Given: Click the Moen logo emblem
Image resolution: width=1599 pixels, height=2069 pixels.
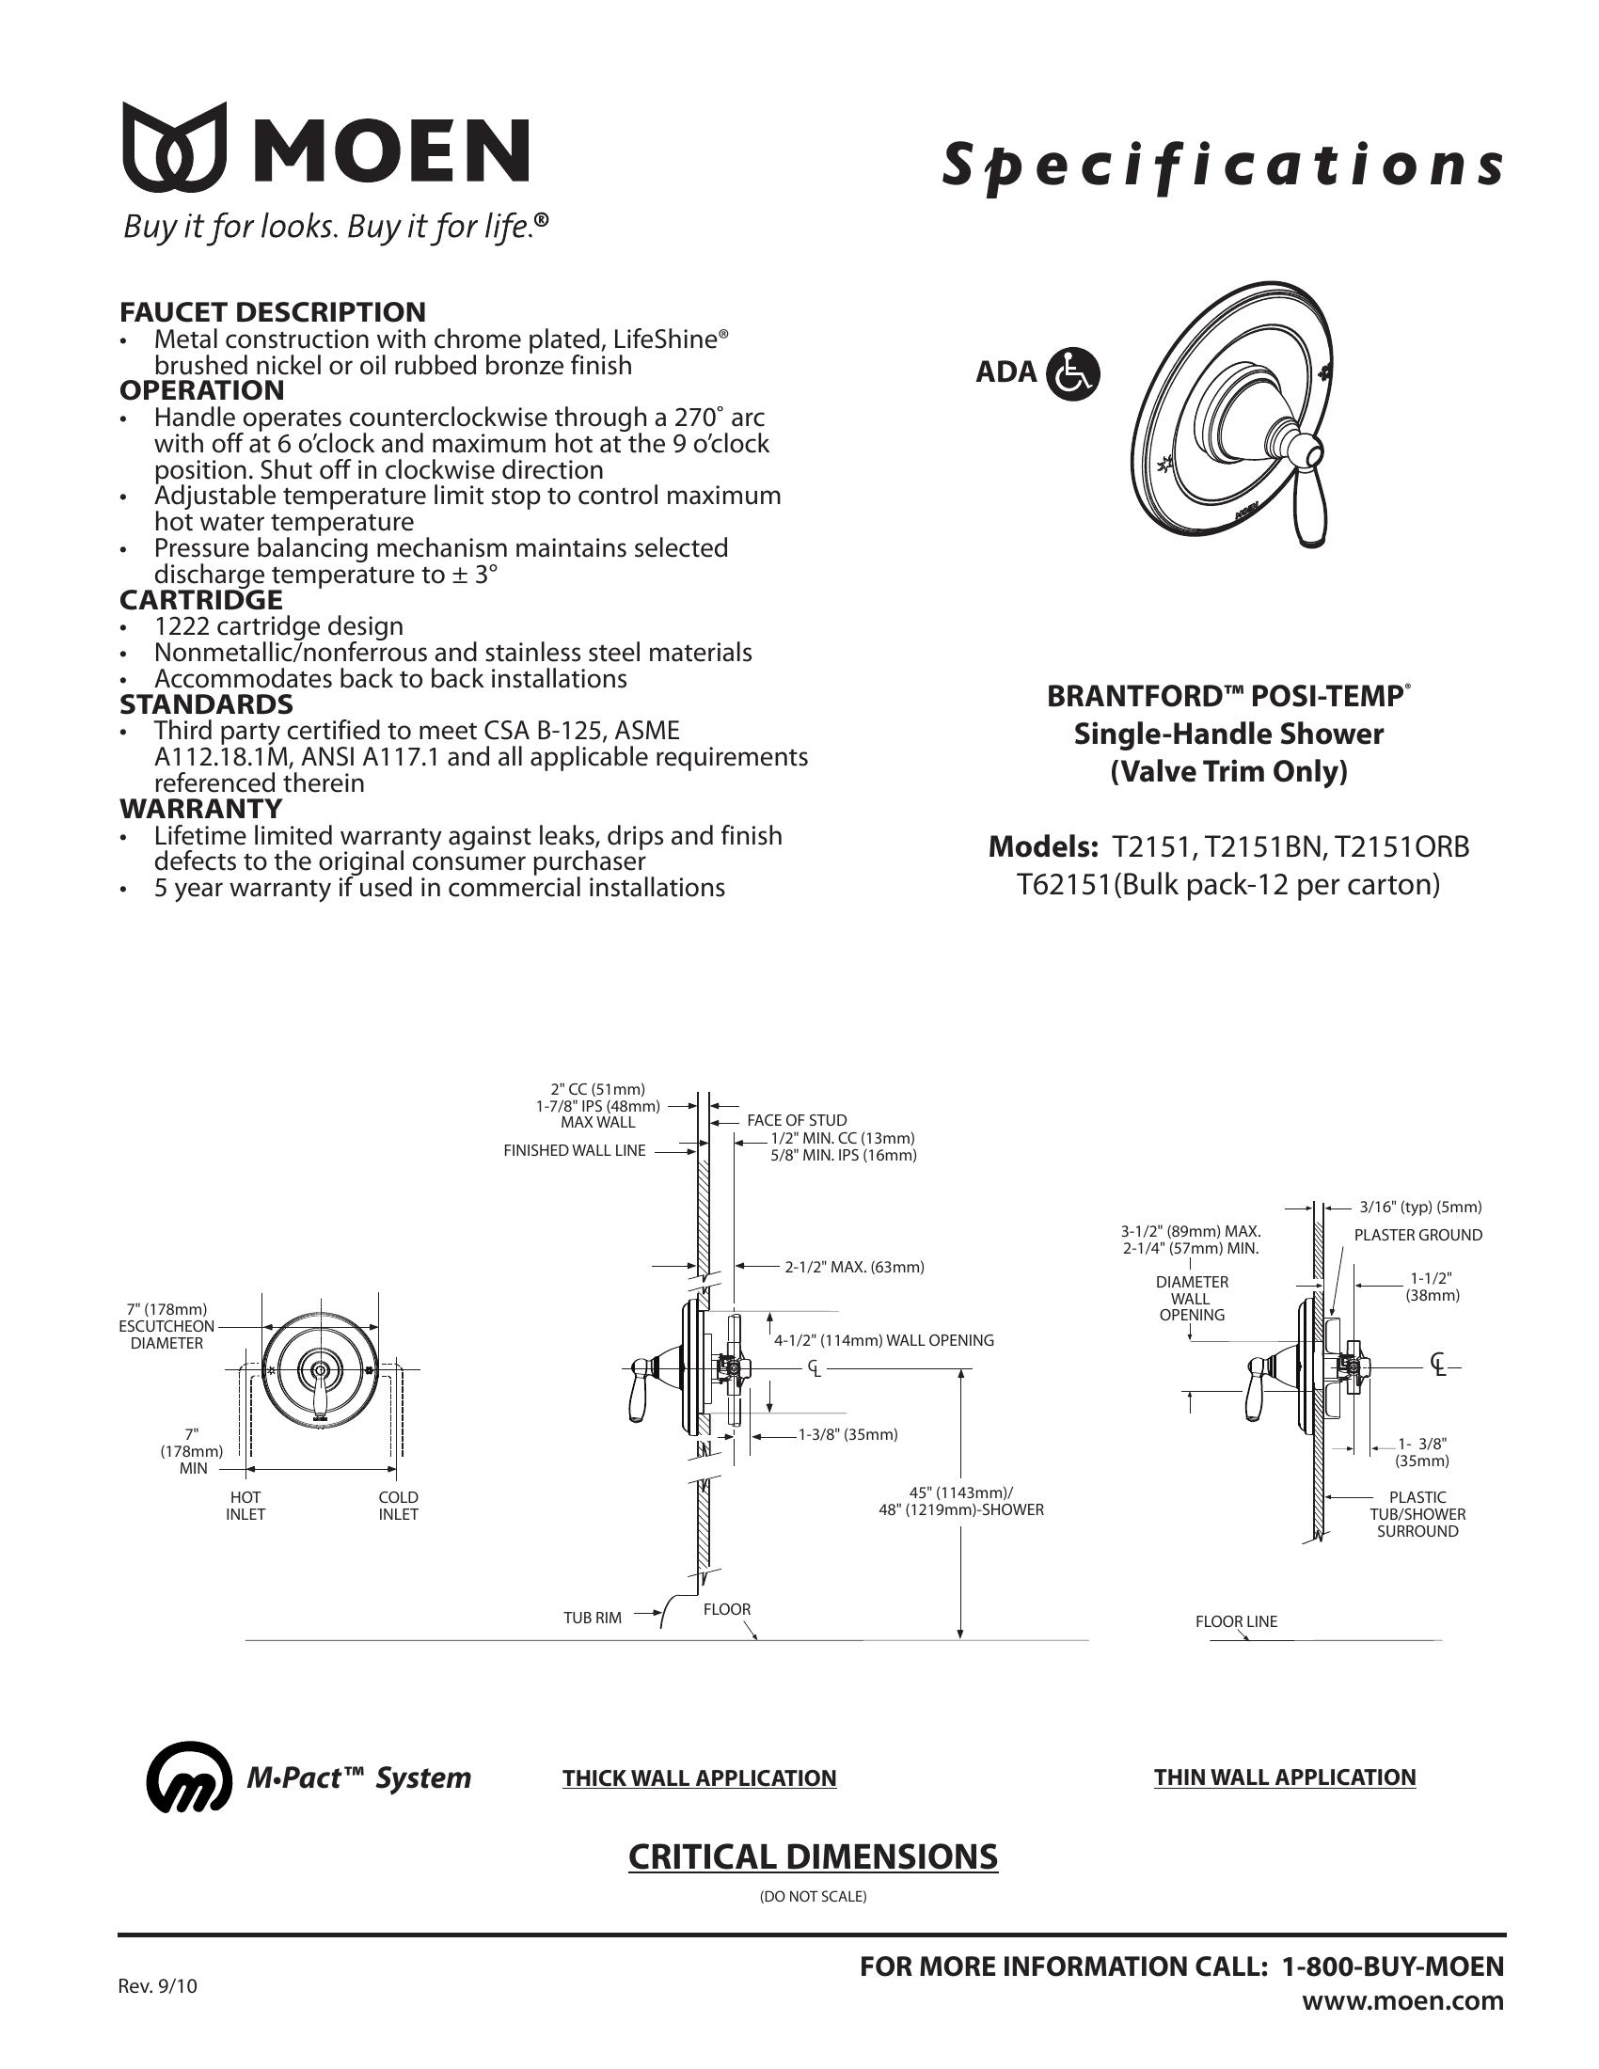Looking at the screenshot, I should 174,147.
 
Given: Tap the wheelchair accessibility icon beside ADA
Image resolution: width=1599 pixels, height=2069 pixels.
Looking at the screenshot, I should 1072,373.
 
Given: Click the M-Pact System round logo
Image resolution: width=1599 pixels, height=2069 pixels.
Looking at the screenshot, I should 188,1777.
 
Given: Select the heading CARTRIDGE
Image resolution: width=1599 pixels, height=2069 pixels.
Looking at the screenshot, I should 201,600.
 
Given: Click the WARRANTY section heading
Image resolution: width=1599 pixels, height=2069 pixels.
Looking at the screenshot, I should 201,808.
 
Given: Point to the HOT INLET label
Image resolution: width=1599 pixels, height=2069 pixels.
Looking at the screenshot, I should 245,1506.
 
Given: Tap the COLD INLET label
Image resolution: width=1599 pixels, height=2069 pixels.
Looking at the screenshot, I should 398,1506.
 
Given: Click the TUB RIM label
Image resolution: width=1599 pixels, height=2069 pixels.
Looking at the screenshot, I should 592,1618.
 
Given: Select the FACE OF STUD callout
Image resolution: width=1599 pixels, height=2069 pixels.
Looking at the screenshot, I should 797,1120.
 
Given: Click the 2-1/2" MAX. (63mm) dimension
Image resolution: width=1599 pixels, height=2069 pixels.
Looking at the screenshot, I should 853,1267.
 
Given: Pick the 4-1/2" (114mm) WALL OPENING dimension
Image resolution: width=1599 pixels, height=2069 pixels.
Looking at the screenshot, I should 884,1339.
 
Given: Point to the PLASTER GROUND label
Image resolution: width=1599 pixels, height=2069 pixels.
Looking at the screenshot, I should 1417,1235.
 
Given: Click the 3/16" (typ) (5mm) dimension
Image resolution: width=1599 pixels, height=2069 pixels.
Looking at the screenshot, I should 1420,1207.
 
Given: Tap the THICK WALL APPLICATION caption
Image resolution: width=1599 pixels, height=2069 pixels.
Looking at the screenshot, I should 699,1778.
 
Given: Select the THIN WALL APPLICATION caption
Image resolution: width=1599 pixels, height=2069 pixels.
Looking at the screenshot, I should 1285,1777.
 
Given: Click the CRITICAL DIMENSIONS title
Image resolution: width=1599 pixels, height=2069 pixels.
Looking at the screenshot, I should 813,1856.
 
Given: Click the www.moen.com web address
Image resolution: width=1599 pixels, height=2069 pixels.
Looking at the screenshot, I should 1403,1999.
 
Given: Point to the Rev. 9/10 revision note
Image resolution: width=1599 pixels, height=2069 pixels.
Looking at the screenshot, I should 157,1984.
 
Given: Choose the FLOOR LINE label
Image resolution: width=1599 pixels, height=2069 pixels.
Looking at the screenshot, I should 1236,1621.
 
